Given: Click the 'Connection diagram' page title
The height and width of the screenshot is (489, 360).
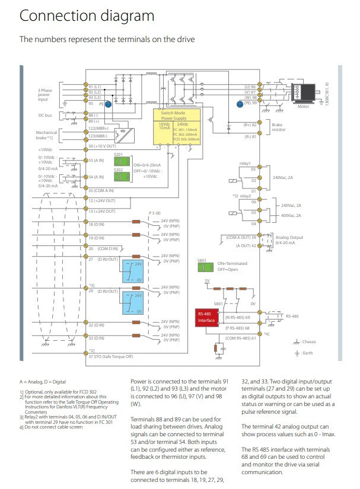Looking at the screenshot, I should pos(87,16).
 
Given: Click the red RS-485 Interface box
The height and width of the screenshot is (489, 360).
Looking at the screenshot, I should pos(206,317).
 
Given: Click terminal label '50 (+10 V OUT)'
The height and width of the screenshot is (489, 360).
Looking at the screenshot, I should pos(103,145).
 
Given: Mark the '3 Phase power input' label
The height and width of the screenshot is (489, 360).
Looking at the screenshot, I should pos(45,93).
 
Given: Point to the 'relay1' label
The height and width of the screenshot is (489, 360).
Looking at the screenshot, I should pos(245,162).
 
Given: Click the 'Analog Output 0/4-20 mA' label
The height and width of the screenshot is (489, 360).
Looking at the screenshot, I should pos(289,239).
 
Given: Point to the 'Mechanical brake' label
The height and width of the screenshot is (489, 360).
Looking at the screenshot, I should pos(47,134).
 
